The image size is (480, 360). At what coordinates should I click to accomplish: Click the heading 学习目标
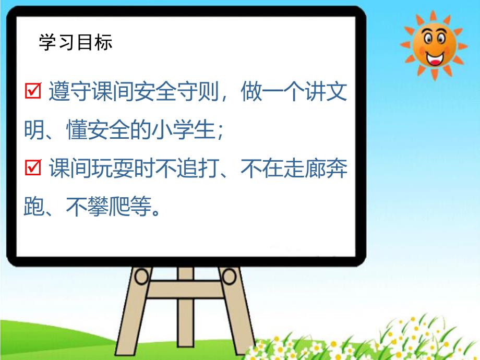coord(76,43)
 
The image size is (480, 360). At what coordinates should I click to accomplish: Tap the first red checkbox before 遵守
coord(33,93)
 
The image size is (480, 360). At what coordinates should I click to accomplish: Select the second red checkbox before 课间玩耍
coord(33,169)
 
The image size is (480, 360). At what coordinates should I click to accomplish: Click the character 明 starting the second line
coord(34,131)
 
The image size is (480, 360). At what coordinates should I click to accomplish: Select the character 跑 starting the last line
coord(34,207)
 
